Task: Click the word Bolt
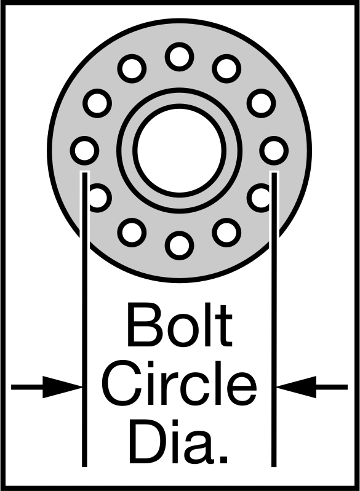click(x=179, y=324)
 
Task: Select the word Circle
click(x=180, y=383)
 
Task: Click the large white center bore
click(x=179, y=150)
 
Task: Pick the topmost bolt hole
click(x=179, y=57)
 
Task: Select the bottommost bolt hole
click(x=179, y=245)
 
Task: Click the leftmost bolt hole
click(x=84, y=150)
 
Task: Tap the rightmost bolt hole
click(x=274, y=150)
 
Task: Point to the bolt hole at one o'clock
click(x=226, y=68)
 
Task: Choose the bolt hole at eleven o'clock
click(x=132, y=68)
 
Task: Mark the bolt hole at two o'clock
click(x=262, y=103)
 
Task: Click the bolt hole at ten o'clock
click(x=97, y=103)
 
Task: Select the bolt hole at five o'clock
click(x=226, y=233)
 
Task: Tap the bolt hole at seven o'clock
click(x=132, y=233)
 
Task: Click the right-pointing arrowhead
click(x=62, y=387)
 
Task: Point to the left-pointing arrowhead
click(x=297, y=387)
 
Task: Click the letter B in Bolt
click(x=143, y=324)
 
